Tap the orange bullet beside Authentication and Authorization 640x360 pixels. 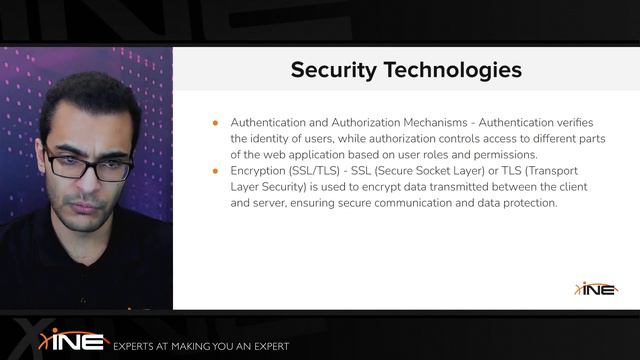[215, 122]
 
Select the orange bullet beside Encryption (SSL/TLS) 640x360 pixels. [215, 171]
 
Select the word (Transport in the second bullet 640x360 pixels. [575, 171]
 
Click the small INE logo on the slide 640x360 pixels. [596, 289]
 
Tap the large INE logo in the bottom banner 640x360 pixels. [73, 340]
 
